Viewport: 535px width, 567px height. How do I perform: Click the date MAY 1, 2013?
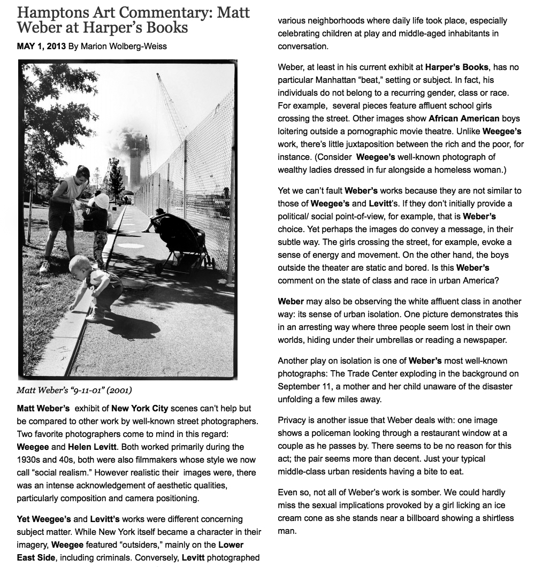click(41, 46)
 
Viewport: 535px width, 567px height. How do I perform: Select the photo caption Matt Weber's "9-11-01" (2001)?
click(74, 389)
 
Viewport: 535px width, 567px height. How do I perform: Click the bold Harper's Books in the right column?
click(456, 67)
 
